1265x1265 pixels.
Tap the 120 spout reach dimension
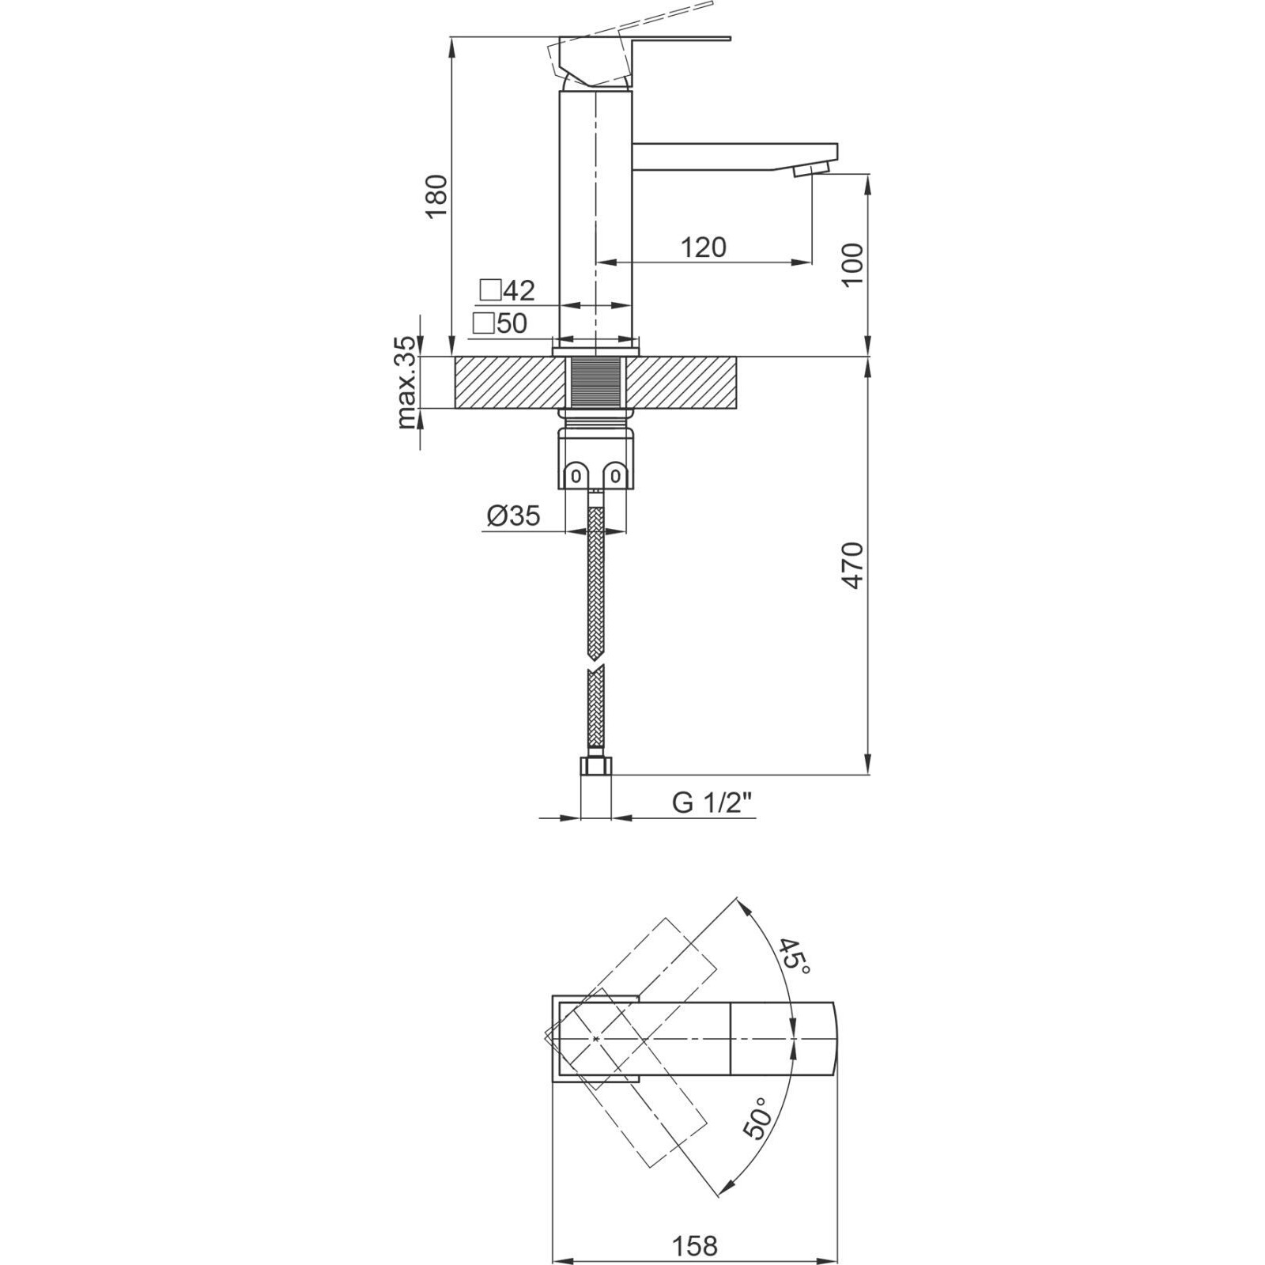703,247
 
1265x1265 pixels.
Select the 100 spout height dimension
853,266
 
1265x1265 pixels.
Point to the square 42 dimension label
508,290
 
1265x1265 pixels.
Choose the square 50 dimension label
500,323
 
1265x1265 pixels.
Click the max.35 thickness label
406,383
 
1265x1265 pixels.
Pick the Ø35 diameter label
514,516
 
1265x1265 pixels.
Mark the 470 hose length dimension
853,565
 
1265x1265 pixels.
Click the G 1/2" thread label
712,802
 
